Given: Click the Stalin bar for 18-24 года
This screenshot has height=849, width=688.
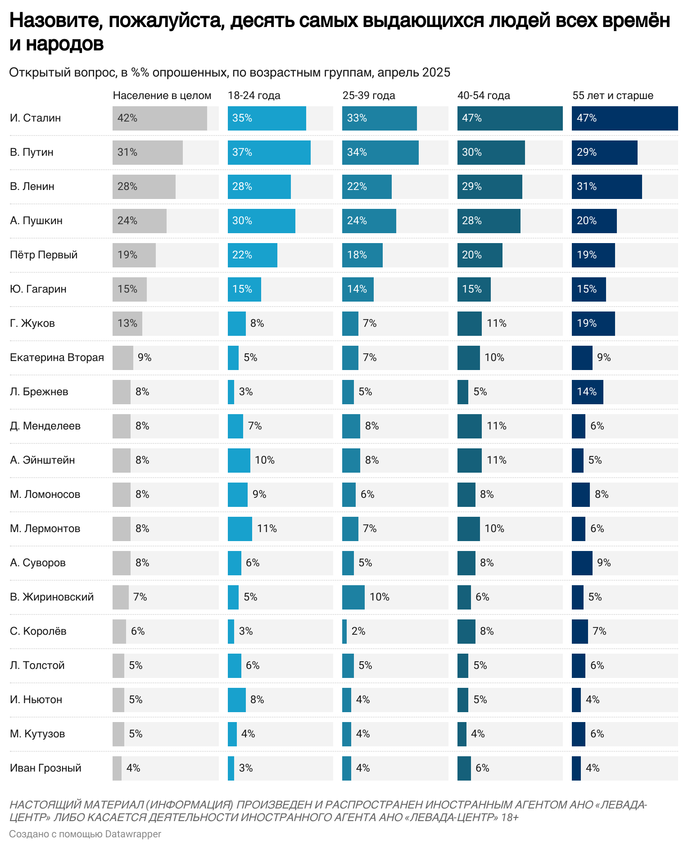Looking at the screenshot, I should tap(267, 118).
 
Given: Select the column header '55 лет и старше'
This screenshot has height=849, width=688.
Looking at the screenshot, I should tap(612, 95).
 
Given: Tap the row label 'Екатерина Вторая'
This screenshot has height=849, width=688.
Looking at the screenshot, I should tap(57, 357).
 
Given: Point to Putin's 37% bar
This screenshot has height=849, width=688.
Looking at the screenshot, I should tap(269, 153).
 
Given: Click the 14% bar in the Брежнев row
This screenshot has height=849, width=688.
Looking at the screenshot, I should tap(587, 392).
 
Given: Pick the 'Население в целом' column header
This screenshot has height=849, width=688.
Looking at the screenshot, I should tap(162, 95).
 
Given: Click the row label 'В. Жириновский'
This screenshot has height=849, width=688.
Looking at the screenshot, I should tap(52, 597).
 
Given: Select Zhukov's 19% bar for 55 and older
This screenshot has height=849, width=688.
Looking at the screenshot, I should tap(593, 324).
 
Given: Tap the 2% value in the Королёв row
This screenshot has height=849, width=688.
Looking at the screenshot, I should tap(358, 631).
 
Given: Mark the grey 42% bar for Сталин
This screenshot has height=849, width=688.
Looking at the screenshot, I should tap(159, 118).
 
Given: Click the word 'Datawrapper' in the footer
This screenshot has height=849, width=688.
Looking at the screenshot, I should tap(133, 834).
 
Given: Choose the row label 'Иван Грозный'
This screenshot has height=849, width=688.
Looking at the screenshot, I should tap(45, 768).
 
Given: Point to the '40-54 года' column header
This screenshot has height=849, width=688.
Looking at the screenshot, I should tap(484, 95).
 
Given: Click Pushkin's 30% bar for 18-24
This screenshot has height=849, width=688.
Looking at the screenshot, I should tap(261, 221).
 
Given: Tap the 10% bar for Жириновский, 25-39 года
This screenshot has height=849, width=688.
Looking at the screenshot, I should tap(353, 597).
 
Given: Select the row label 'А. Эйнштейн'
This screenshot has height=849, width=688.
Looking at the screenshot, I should tap(42, 460).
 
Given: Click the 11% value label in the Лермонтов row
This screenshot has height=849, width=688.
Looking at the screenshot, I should tap(267, 528).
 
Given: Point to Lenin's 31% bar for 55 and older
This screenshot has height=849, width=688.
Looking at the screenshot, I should tap(607, 187).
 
